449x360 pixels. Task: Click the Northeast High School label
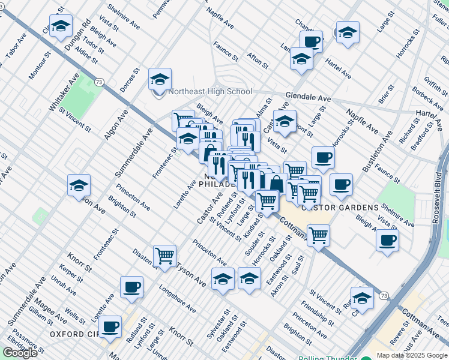tap(210, 92)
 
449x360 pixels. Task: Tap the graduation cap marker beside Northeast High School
tap(160, 80)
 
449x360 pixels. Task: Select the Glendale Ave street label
tap(309, 97)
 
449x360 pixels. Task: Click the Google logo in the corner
tap(20, 352)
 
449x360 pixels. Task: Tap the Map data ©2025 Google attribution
tap(411, 355)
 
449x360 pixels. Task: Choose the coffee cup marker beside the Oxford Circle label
tap(110, 327)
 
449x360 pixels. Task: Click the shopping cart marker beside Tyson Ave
tap(164, 256)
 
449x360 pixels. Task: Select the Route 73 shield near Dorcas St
tap(99, 82)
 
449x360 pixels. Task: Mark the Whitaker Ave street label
tap(64, 92)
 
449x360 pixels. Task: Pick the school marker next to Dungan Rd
tap(61, 26)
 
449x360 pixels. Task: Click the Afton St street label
tap(258, 60)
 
